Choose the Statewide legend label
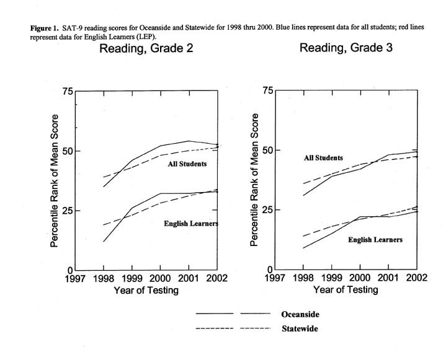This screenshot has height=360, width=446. click(x=299, y=329)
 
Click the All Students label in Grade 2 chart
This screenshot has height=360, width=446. click(x=187, y=164)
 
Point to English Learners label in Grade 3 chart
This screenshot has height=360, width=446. click(x=375, y=239)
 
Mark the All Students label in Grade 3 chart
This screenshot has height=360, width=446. click(x=323, y=158)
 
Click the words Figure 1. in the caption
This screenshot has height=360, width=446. click(x=44, y=29)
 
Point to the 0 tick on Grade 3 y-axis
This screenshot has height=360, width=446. click(x=268, y=270)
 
